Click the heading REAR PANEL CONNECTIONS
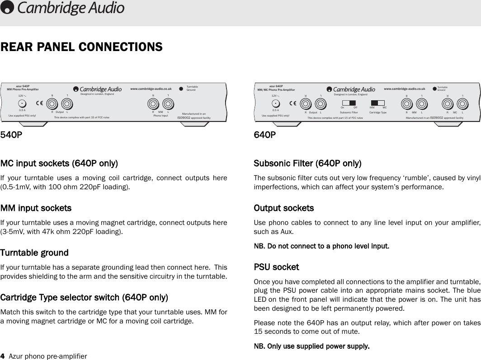coord(82,47)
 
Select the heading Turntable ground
coord(34,252)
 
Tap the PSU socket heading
coord(276,267)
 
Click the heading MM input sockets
coord(36,208)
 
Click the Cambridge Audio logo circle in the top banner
coord(8,8)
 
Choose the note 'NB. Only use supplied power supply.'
coord(311,346)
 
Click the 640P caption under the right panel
coord(264,135)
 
